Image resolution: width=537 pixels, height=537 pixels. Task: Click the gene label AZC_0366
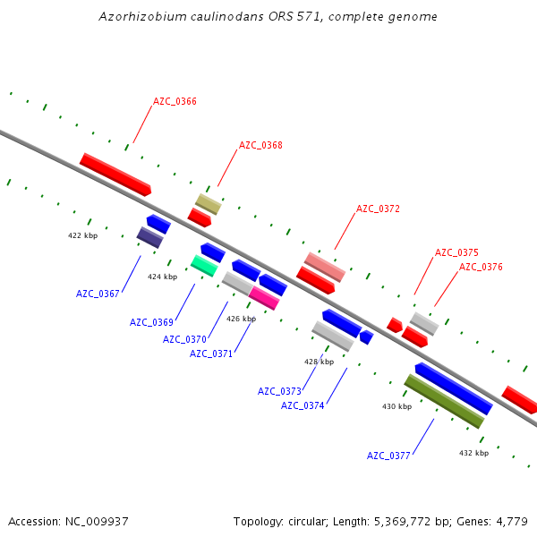click(175, 101)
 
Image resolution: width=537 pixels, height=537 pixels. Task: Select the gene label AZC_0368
click(260, 145)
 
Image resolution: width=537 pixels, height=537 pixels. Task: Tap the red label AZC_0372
click(378, 209)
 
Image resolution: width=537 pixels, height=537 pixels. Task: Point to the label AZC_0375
click(456, 252)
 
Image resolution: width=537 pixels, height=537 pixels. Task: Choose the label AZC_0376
click(481, 267)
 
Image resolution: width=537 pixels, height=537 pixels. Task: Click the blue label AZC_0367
click(98, 294)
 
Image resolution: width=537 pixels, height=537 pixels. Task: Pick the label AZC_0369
click(151, 322)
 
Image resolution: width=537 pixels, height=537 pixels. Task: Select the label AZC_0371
click(211, 354)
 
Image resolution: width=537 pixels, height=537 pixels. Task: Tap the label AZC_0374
click(303, 405)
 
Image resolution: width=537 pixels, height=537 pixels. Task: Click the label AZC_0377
click(388, 456)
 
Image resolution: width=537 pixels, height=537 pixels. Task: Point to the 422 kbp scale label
click(82, 235)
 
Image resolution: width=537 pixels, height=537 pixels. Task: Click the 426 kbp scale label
click(241, 319)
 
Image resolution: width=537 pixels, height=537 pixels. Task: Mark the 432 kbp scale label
click(473, 453)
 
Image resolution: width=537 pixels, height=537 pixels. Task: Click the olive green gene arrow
click(444, 401)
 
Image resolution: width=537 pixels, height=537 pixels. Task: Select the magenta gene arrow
click(264, 297)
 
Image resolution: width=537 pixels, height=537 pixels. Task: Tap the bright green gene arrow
click(204, 265)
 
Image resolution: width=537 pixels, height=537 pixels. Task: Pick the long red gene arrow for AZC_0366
click(115, 174)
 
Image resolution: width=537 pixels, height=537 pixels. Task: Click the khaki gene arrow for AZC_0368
click(209, 204)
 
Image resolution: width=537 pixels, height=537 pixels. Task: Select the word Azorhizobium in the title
click(141, 17)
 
